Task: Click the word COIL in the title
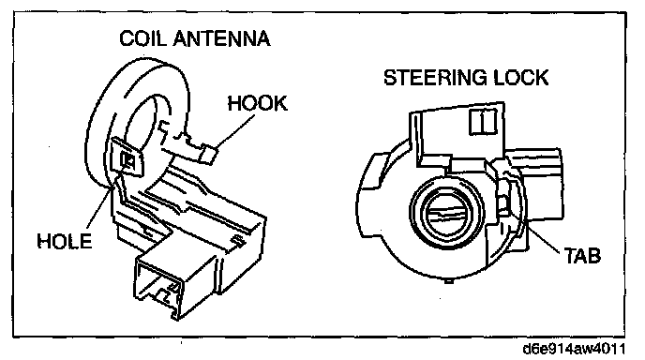142,38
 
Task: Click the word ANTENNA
221,38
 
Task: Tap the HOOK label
258,103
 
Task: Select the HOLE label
64,241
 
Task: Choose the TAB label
582,256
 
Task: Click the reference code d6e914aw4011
574,349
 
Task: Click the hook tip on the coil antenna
209,155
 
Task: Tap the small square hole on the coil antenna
127,160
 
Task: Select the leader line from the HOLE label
98,207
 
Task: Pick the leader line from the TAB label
537,230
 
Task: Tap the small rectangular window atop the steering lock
484,121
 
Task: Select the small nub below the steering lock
449,281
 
